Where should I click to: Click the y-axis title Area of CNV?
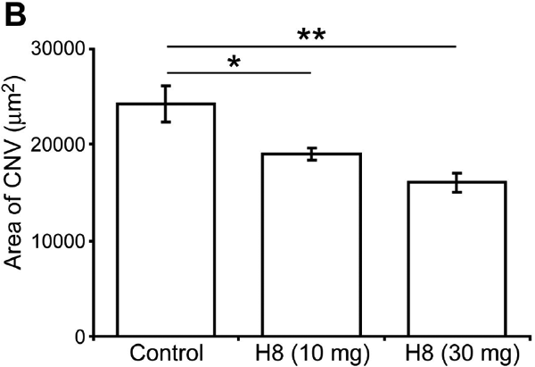click(x=17, y=192)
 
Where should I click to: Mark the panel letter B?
click(x=16, y=15)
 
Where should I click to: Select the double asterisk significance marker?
click(x=309, y=35)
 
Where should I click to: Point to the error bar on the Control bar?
click(x=166, y=104)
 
